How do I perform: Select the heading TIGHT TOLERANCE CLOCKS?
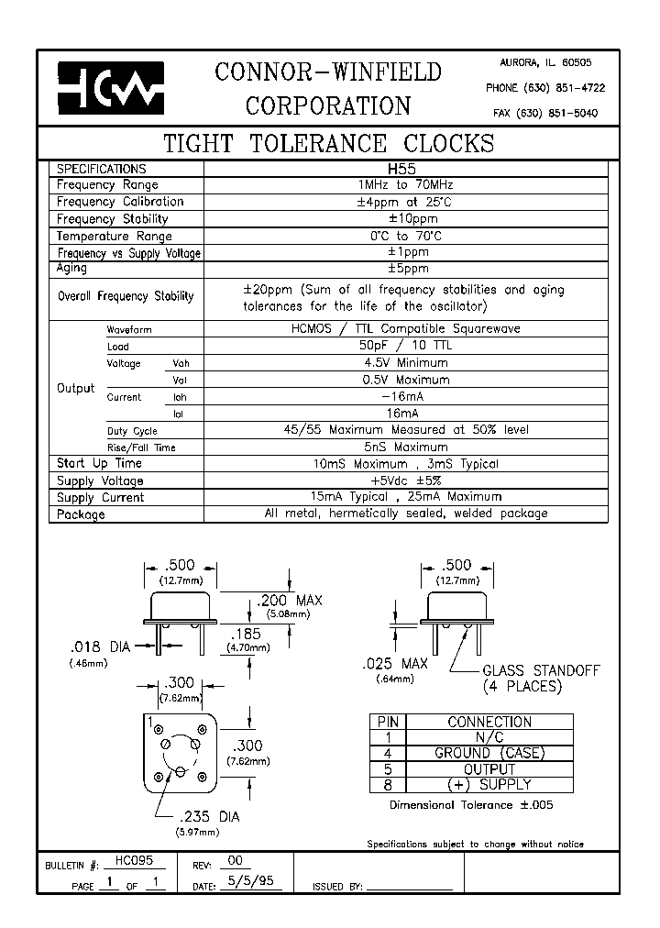click(x=328, y=144)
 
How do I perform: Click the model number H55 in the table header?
click(x=401, y=170)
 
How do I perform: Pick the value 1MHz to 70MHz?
click(x=401, y=185)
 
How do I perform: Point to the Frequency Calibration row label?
click(x=120, y=202)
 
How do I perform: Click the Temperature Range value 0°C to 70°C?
click(x=401, y=236)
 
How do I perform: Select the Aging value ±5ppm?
click(x=401, y=269)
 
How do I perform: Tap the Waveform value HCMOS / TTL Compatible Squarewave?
click(x=401, y=329)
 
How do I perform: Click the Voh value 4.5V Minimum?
click(x=401, y=363)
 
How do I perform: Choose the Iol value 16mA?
click(x=401, y=414)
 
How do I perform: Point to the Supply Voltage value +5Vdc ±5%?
click(x=401, y=481)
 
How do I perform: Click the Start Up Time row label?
click(x=99, y=464)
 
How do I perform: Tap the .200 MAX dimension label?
click(x=289, y=601)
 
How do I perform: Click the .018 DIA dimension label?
click(x=101, y=646)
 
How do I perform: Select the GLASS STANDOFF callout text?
click(x=541, y=670)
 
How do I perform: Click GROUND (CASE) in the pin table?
click(x=489, y=754)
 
